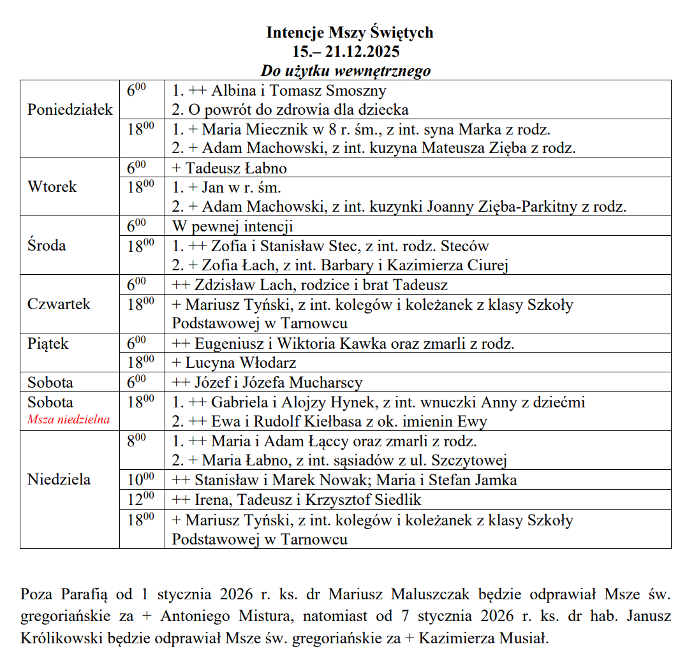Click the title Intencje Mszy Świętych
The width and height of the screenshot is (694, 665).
coord(350,33)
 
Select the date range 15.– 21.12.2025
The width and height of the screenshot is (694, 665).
coord(350,52)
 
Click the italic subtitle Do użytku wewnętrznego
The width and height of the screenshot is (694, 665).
coord(345,71)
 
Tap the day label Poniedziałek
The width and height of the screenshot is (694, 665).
coord(70,110)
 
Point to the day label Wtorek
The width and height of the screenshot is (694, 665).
coord(52,187)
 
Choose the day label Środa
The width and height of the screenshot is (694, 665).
coord(47,245)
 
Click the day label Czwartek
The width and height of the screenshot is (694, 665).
coord(59,304)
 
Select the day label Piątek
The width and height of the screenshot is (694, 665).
coord(47,344)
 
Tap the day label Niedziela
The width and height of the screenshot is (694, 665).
coord(59,479)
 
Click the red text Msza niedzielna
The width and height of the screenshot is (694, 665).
coord(68,420)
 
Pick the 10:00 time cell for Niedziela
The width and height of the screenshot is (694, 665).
coord(140,479)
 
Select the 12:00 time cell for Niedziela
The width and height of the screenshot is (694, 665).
coord(140,499)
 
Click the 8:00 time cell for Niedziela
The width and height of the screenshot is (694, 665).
coord(140,441)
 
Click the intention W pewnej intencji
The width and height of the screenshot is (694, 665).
coord(232,226)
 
